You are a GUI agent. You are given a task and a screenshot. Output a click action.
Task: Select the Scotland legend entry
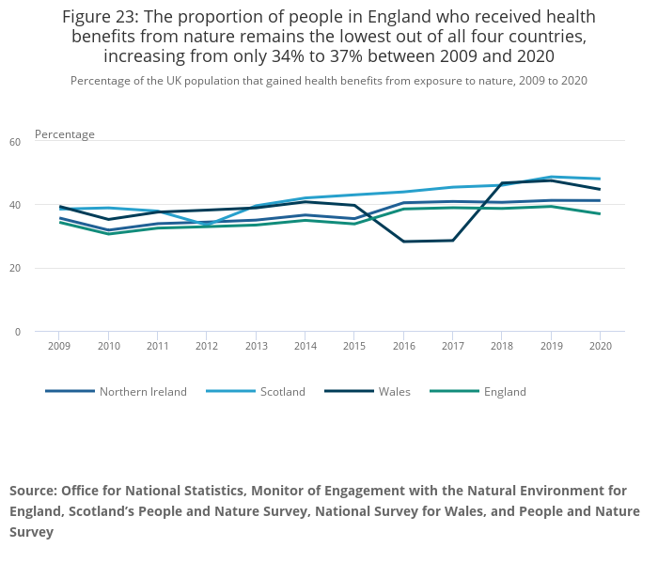(282, 391)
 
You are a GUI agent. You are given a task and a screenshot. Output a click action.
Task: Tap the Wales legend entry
(394, 391)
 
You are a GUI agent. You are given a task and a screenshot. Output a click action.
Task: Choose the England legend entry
(505, 391)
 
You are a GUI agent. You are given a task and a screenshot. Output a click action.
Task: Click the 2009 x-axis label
(59, 346)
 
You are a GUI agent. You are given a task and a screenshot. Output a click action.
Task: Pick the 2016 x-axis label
(403, 346)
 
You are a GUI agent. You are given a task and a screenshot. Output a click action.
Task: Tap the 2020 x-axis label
(600, 346)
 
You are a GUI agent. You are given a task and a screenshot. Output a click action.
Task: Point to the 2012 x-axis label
(207, 346)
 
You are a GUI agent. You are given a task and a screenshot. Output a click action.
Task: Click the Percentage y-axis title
(65, 134)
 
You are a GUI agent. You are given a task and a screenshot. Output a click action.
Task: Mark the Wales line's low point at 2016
(403, 242)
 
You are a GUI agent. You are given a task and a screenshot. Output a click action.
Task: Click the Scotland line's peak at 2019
(551, 177)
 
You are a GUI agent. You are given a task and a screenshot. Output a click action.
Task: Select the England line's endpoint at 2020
(600, 213)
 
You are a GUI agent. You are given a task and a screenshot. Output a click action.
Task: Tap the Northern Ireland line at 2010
(108, 230)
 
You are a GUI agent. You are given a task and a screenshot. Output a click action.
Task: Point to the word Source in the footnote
(33, 491)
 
